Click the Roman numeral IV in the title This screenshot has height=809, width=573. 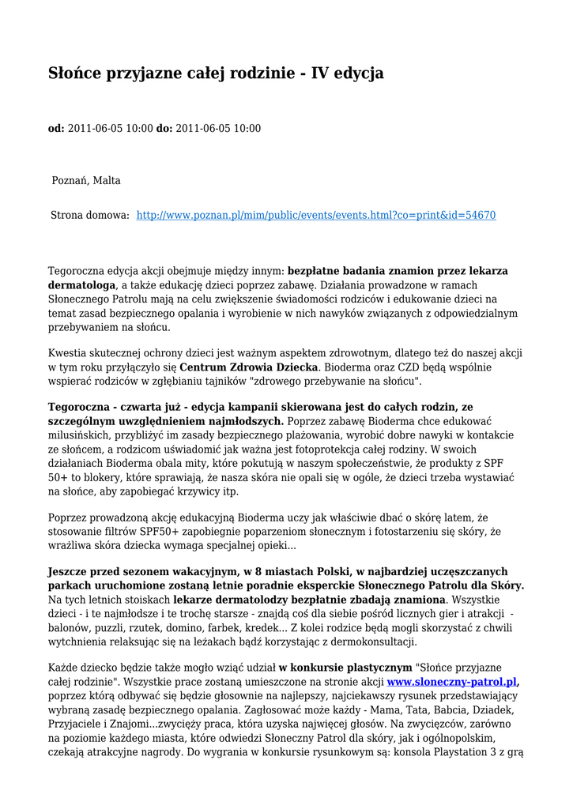tap(320, 73)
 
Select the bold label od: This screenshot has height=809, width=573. tap(56, 128)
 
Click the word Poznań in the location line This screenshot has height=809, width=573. tap(70, 180)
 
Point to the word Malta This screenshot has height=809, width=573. tap(107, 180)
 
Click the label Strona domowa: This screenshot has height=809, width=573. tap(90, 215)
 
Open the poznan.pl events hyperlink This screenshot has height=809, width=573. tap(316, 215)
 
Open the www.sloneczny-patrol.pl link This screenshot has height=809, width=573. tap(451, 682)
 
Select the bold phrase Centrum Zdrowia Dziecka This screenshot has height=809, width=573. tap(248, 367)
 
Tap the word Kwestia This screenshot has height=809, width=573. tap(69, 353)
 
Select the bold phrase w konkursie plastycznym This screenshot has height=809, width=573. tap(345, 668)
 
